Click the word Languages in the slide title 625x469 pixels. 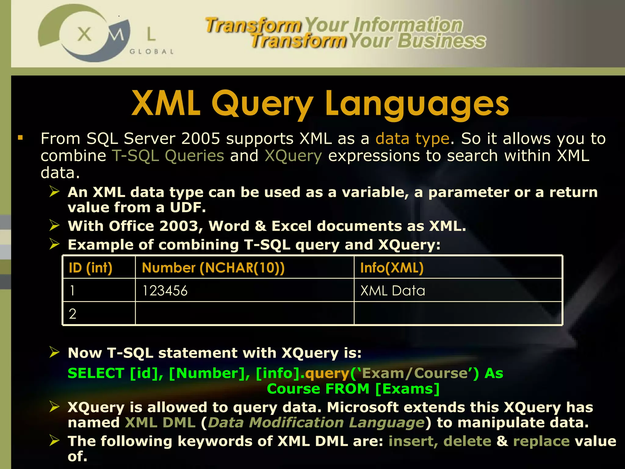(x=417, y=104)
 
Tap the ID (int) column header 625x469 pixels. (x=91, y=268)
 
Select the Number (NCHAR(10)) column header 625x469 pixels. (x=213, y=268)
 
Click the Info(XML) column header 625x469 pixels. (x=392, y=268)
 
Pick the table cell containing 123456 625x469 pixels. (x=165, y=290)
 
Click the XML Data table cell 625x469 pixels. (x=392, y=290)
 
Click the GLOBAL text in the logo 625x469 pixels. (x=152, y=52)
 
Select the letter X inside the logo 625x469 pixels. (x=84, y=34)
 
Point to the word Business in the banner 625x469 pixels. (x=441, y=41)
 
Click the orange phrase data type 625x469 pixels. (x=412, y=139)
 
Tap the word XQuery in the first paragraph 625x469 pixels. (x=293, y=156)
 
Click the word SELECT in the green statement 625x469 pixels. (x=96, y=373)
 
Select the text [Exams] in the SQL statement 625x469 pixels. (x=407, y=389)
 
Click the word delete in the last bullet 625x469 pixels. (x=467, y=441)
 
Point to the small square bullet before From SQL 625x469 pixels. (x=20, y=138)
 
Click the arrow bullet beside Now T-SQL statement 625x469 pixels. (x=55, y=352)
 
